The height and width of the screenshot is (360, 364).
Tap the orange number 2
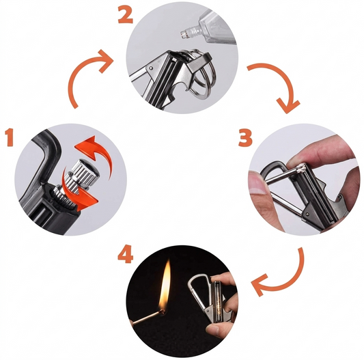point(124,14)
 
